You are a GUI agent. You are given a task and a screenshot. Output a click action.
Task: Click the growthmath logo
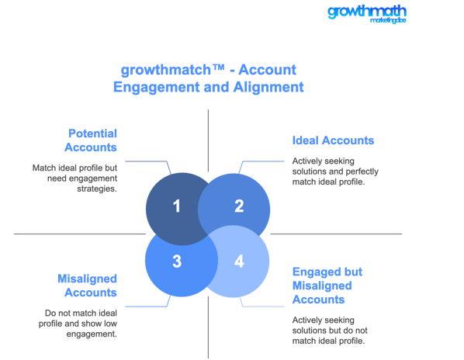[367, 14]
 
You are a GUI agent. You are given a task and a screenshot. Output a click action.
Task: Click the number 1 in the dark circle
[177, 206]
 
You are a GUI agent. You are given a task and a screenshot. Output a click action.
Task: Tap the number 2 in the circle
[239, 206]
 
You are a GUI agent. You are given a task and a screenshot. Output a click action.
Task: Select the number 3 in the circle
[177, 261]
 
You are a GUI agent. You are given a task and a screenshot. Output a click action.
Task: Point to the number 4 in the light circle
[239, 261]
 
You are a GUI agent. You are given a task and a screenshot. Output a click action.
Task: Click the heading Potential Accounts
[91, 140]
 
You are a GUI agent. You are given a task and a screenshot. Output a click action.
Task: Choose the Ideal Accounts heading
[333, 140]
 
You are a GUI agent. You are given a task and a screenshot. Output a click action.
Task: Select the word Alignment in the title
[268, 87]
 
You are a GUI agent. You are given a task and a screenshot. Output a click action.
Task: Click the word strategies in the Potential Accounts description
[97, 189]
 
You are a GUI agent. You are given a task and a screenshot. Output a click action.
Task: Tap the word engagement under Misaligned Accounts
[92, 334]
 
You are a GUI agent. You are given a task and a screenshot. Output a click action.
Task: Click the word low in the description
[110, 324]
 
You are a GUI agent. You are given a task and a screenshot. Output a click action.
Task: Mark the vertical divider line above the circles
[208, 140]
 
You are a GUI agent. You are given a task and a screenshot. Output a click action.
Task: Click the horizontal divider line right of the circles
[336, 234]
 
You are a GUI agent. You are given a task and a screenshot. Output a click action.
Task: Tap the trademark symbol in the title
[219, 67]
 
